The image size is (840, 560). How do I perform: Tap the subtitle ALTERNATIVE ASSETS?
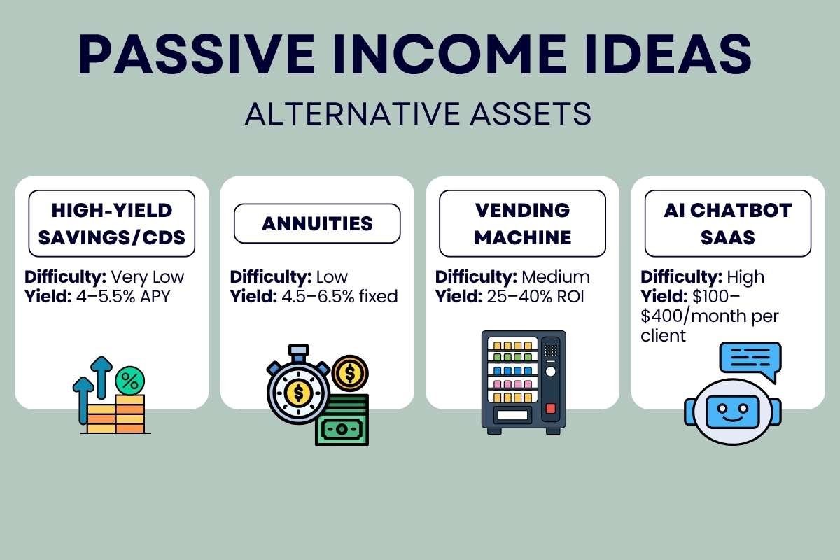(419, 113)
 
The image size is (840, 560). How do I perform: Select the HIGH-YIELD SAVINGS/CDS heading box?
(112, 223)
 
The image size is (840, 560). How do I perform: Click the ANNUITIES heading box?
(316, 223)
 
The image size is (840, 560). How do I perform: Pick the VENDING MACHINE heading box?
(522, 223)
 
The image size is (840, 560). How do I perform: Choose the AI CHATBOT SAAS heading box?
(727, 223)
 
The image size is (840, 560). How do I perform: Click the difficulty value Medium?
(560, 276)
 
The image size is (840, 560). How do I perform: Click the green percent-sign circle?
(129, 381)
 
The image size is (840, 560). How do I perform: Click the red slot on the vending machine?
(551, 408)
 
